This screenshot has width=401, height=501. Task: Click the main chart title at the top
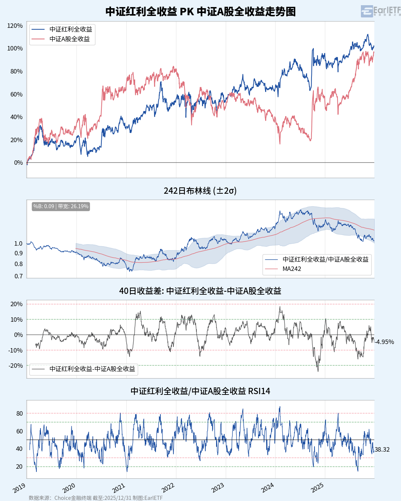pos(200,12)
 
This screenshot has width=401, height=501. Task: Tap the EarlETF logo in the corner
pos(380,11)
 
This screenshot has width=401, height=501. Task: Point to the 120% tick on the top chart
pos(15,26)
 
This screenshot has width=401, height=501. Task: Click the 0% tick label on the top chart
pos(18,163)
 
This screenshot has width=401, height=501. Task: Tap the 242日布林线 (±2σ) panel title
pos(200,191)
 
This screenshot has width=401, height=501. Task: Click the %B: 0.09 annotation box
pos(61,206)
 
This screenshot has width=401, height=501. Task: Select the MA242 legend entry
pos(291,269)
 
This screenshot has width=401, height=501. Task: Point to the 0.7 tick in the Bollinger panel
pos(19,276)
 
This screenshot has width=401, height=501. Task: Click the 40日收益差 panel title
pos(200,291)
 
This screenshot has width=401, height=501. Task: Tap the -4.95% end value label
pos(385,342)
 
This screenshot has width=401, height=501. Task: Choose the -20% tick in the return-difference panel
pos(16,366)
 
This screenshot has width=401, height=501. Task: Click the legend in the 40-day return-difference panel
pos(84,369)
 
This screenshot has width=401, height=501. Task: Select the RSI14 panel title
pos(200,391)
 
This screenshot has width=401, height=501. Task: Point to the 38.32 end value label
pos(382,449)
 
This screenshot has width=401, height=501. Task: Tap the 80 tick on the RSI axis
pos(19,413)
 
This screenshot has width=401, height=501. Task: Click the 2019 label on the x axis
pos(19,488)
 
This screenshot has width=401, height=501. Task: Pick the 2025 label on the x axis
pos(317,488)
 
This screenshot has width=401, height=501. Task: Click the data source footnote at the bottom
pos(96,498)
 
